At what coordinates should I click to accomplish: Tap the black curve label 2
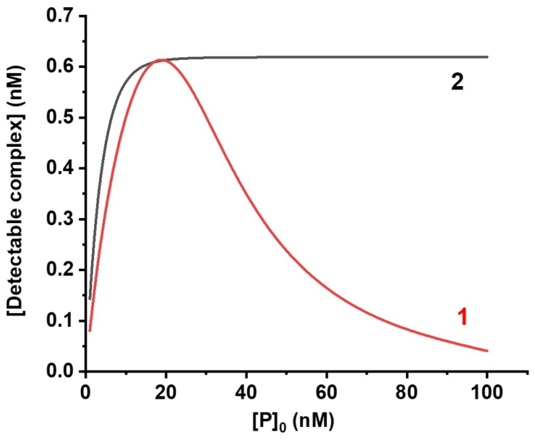point(457,83)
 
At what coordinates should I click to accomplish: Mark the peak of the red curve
point(161,60)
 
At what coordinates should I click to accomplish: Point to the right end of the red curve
point(487,351)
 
